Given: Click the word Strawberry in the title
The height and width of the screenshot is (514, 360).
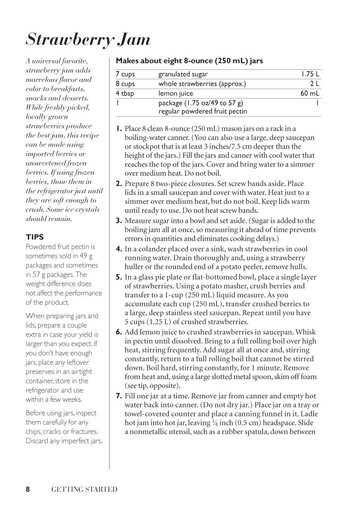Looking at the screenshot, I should pyautogui.click(x=69, y=40).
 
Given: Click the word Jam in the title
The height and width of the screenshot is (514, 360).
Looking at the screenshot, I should pyautogui.click(x=132, y=40).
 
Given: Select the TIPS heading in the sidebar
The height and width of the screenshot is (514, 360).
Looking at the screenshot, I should pyautogui.click(x=35, y=237).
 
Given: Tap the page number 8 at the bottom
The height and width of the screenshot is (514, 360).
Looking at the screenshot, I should pyautogui.click(x=27, y=489).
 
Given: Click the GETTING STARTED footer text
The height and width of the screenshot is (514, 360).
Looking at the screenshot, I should pyautogui.click(x=84, y=489).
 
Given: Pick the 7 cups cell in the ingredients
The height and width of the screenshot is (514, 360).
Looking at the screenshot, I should pyautogui.click(x=126, y=74).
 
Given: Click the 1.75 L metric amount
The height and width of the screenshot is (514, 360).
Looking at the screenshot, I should pyautogui.click(x=310, y=74).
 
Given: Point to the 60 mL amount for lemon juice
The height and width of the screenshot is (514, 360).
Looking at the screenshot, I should pyautogui.click(x=311, y=93).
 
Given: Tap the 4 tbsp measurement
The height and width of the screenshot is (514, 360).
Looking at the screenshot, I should pyautogui.click(x=125, y=93).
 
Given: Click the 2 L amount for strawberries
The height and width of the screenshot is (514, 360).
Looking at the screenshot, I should pyautogui.click(x=315, y=84).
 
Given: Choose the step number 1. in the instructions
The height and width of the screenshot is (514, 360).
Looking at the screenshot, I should pyautogui.click(x=119, y=128).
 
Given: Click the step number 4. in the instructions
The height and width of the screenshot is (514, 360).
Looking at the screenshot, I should pyautogui.click(x=119, y=249).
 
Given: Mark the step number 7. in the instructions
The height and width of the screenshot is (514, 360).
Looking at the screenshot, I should pyautogui.click(x=119, y=396).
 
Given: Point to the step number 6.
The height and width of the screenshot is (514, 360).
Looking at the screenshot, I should pyautogui.click(x=119, y=332).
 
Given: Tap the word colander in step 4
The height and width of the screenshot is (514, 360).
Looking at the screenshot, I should pyautogui.click(x=145, y=249).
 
